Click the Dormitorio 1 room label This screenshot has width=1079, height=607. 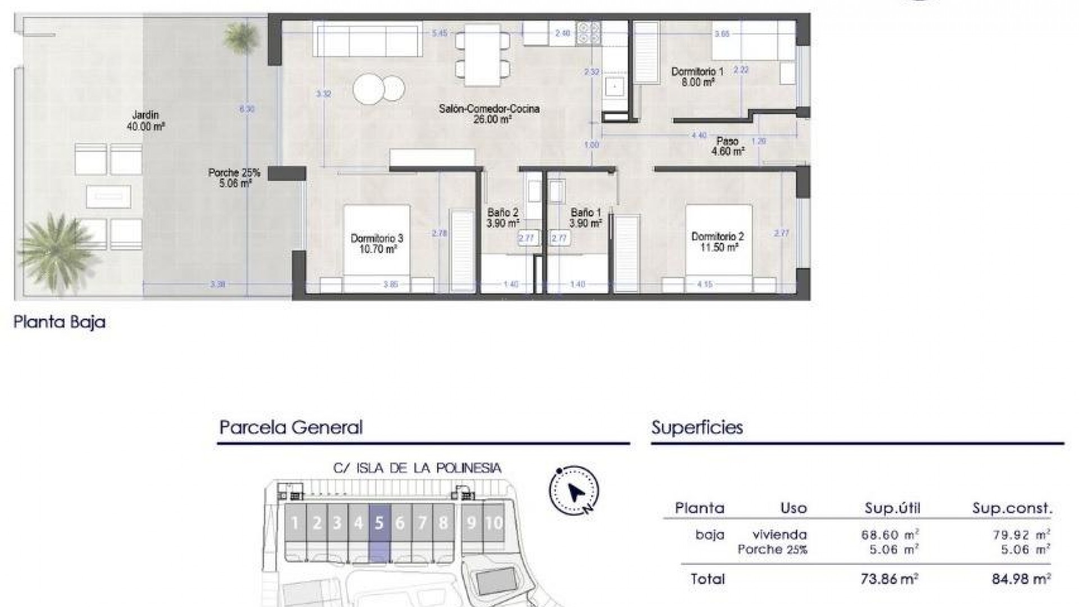pos(697,77)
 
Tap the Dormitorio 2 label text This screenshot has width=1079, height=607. pos(717,242)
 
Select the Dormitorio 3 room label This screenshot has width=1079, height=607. pos(377,243)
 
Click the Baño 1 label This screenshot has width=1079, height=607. pos(586,218)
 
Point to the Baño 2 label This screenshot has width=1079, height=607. pos(502,218)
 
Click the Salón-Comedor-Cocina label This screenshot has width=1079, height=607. pos(489,114)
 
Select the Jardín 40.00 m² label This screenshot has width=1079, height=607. pos(146,121)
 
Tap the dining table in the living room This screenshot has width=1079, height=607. pos(482,55)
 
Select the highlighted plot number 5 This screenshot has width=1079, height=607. pos(379,523)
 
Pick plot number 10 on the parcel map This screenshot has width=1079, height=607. pos(493,523)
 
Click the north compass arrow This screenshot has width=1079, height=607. pos(576,492)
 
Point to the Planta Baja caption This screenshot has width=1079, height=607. pos(60,323)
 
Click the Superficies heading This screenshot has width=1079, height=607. pos(697,428)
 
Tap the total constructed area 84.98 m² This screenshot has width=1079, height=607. pos(1021,578)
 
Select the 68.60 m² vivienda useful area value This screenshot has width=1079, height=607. pos(890,534)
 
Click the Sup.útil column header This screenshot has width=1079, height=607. pos(892,509)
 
